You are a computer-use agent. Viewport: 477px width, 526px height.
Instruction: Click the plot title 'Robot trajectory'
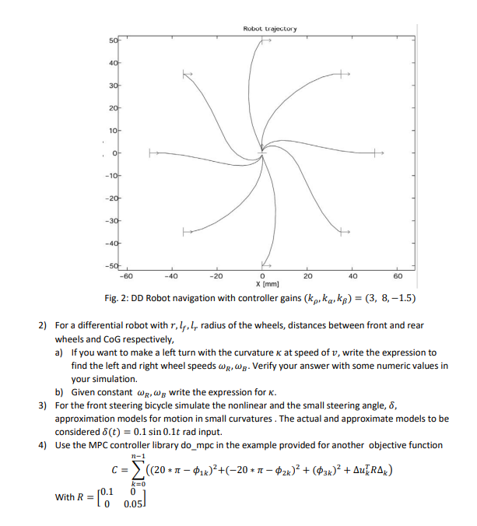coord(269,29)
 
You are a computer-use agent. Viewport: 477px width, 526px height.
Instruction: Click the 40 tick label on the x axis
coord(352,275)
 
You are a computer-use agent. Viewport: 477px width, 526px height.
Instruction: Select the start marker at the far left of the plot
coord(152,153)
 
